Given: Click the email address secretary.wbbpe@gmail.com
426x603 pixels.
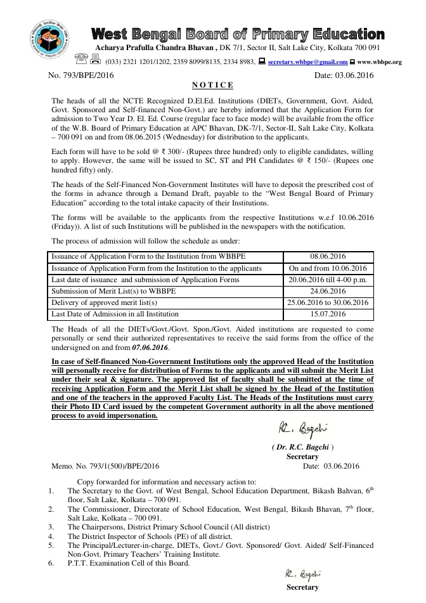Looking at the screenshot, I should click(x=307, y=62).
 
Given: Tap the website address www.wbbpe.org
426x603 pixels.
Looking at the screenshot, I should click(x=379, y=62).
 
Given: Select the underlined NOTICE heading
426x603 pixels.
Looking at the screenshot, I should click(x=212, y=85).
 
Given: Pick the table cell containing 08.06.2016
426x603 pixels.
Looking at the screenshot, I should click(x=328, y=257).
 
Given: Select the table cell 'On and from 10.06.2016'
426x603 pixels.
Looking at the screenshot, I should click(x=328, y=268).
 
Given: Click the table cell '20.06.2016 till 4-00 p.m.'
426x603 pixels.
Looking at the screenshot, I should click(x=328, y=280).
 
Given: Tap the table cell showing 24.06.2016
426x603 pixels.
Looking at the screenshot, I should click(x=328, y=291).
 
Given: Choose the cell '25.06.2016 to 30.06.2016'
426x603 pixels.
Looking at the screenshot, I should click(x=328, y=302).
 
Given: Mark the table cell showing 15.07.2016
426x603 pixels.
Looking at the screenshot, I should click(x=328, y=314).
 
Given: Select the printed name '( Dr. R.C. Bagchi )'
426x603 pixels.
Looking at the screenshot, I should click(x=302, y=447).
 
